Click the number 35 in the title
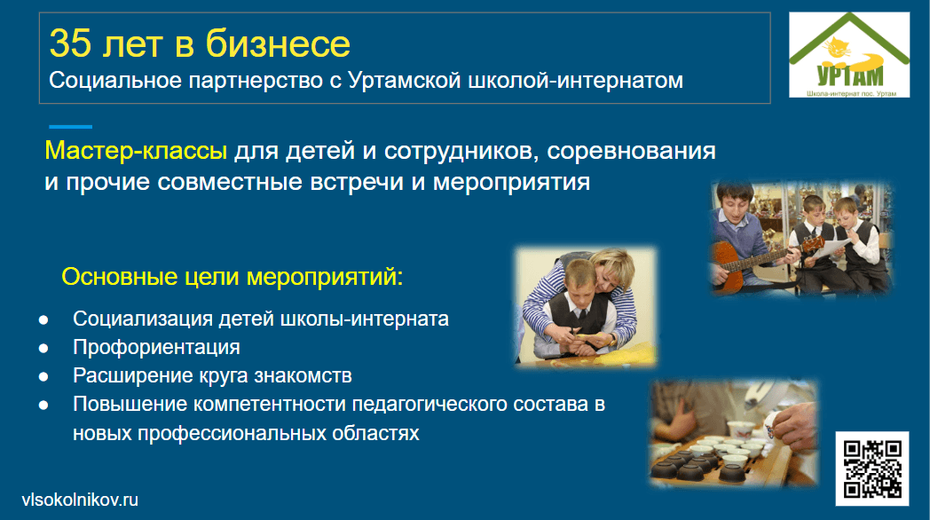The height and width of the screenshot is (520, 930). click(71, 43)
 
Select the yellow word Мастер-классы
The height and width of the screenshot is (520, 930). click(136, 151)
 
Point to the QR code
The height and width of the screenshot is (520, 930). click(871, 469)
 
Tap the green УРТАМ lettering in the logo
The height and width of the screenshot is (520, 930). click(849, 76)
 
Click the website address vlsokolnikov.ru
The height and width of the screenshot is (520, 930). click(80, 500)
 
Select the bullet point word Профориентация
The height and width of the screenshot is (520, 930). click(156, 347)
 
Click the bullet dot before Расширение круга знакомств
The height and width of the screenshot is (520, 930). click(43, 377)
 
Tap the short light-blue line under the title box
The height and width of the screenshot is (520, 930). click(71, 127)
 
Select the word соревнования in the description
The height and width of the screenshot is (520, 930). click(631, 151)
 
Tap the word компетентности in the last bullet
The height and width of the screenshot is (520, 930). click(270, 405)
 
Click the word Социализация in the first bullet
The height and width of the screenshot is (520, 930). click(143, 319)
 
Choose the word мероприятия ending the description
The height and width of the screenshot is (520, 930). click(511, 182)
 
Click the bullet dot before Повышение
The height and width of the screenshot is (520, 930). click(43, 406)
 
